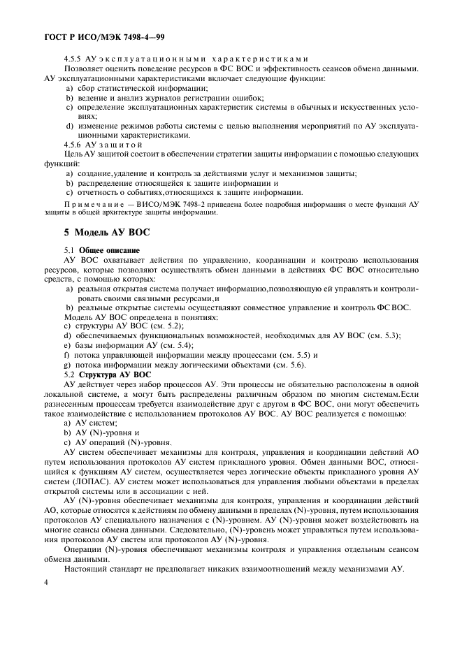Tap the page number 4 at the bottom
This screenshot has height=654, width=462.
pyautogui.click(x=46, y=581)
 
